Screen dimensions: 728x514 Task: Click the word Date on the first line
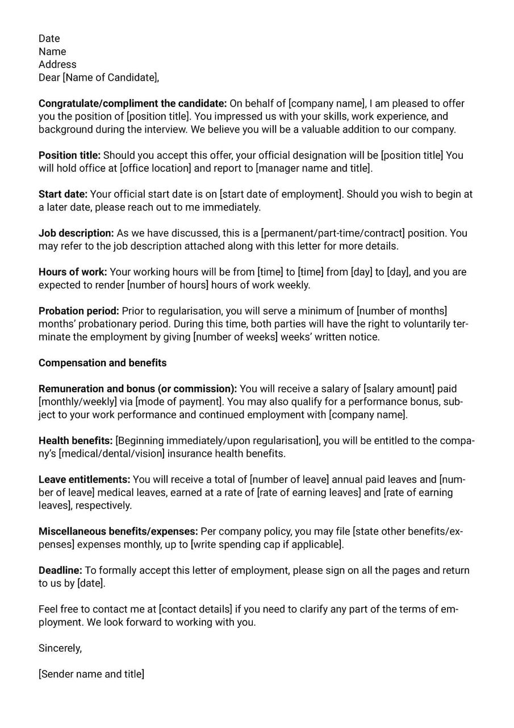pos(49,39)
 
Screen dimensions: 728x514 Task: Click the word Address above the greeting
pos(57,65)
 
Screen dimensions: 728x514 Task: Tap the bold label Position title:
pos(69,155)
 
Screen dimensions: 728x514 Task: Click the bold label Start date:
pos(63,195)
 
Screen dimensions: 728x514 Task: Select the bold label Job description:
pos(76,233)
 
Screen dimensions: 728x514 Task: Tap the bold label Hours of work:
pos(73,272)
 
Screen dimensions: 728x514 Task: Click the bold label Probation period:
pos(79,311)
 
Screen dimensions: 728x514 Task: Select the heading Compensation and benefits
pos(103,363)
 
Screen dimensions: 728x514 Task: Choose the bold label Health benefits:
pos(76,441)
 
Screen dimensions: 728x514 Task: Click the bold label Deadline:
pos(60,570)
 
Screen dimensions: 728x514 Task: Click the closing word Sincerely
pos(60,648)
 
